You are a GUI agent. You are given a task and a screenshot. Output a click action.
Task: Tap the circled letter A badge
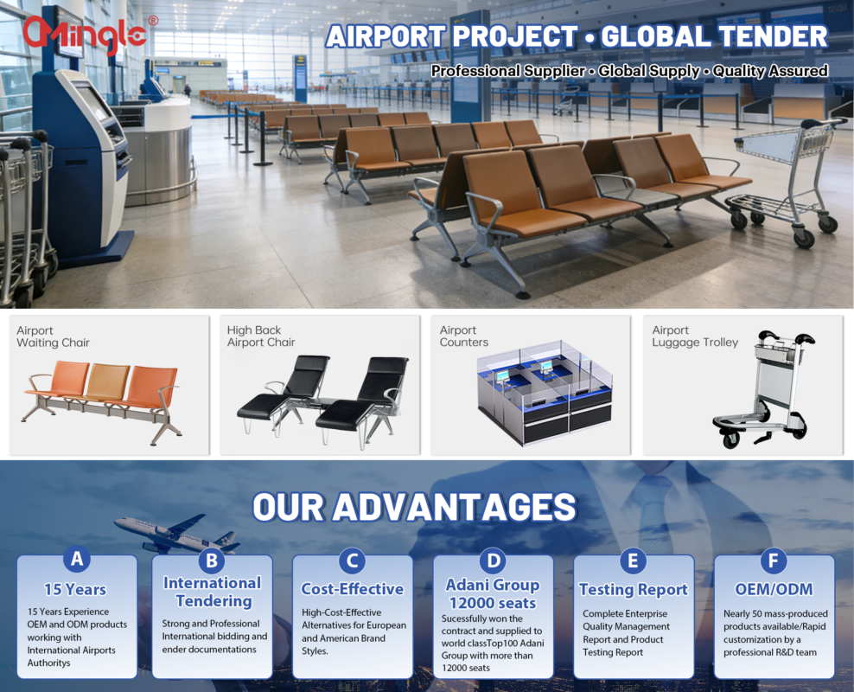click(x=77, y=559)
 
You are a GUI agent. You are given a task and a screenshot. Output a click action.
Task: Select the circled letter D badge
click(x=493, y=561)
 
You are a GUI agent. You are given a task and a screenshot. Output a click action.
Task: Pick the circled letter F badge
click(x=774, y=561)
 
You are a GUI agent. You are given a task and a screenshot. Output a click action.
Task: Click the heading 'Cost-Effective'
click(x=353, y=589)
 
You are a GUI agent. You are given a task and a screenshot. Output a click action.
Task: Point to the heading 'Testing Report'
click(x=634, y=590)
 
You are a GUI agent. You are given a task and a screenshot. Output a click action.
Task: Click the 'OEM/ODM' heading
click(x=774, y=589)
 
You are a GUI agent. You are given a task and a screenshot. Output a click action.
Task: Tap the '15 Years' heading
click(x=75, y=590)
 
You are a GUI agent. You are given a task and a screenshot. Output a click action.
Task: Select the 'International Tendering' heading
click(x=213, y=592)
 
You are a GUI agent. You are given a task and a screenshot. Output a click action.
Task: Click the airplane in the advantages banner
click(x=177, y=533)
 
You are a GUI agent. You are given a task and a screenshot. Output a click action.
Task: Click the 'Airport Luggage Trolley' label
click(x=695, y=336)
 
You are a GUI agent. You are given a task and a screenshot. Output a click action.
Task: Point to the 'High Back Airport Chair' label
click(x=261, y=336)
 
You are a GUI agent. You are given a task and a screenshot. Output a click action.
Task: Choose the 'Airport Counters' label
click(x=464, y=336)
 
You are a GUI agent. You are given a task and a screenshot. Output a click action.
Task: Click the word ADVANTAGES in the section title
click(x=455, y=507)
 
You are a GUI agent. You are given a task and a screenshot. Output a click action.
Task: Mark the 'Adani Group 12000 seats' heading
click(x=493, y=594)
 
